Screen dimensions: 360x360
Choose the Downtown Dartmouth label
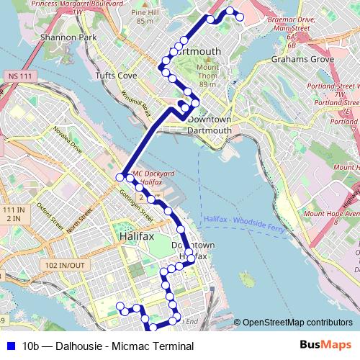coord(209,125)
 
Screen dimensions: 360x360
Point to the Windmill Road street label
coord(135,104)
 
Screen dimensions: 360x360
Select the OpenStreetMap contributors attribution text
coord(297,323)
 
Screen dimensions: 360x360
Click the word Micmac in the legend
coord(134,346)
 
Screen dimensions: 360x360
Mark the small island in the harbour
coord(247,279)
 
